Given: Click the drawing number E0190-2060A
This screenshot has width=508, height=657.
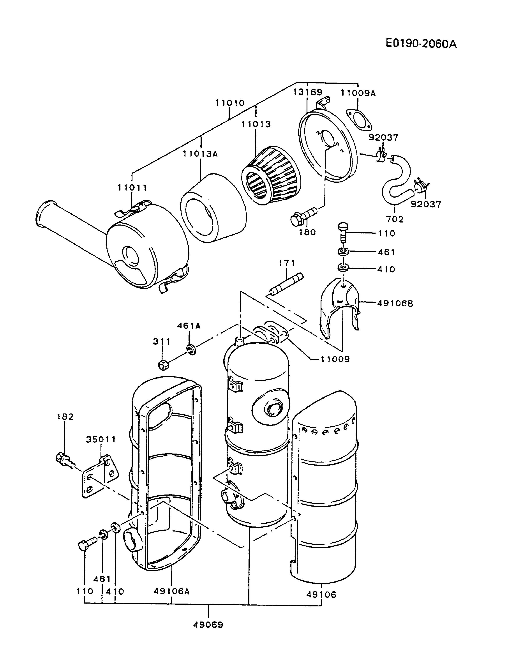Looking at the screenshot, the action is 421,44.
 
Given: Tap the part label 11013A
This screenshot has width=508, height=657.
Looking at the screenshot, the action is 200,154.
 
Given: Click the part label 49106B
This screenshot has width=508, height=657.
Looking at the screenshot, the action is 395,304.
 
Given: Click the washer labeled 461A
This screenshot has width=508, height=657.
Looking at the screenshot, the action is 191,349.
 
